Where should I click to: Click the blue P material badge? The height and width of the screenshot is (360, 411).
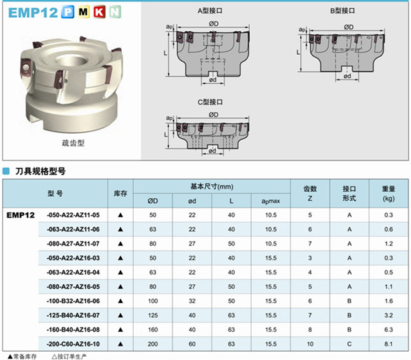(x=68, y=12)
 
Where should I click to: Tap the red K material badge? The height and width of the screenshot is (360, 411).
(x=99, y=12)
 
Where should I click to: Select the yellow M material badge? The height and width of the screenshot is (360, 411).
(x=83, y=12)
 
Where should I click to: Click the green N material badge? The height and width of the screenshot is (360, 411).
(x=115, y=12)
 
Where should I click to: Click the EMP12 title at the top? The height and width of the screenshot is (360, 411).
(x=32, y=12)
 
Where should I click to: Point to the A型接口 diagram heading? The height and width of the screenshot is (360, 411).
(x=210, y=11)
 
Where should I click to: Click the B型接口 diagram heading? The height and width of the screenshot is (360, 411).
(x=342, y=11)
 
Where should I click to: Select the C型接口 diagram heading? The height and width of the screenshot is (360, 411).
(x=210, y=102)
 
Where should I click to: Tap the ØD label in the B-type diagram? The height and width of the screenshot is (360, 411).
(x=349, y=27)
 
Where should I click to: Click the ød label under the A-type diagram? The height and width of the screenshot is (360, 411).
(x=213, y=80)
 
